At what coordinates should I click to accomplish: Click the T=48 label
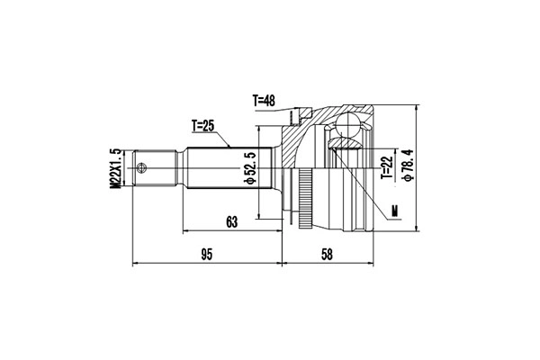(264, 100)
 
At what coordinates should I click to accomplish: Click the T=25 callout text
(202, 126)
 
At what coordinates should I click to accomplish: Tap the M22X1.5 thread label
(116, 168)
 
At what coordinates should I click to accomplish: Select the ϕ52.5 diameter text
(250, 167)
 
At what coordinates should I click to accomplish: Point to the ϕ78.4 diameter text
(408, 165)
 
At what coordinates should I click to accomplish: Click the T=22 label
(387, 167)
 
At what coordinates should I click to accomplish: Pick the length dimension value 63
(232, 222)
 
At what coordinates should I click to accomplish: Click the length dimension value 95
(207, 255)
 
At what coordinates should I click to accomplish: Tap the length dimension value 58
(327, 255)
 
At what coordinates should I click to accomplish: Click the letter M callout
(395, 211)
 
